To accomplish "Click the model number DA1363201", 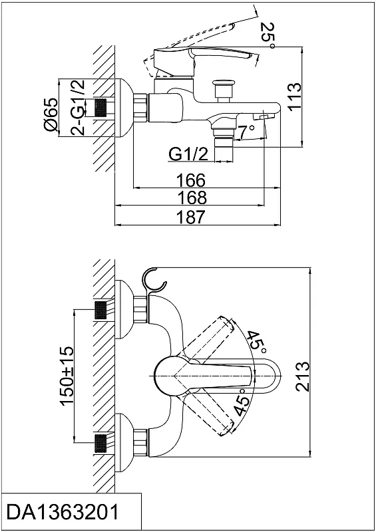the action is click(63, 512).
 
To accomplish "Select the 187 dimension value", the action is click(192, 217).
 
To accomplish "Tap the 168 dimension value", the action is click(192, 198).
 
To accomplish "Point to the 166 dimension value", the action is click(191, 180).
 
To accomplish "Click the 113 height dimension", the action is click(293, 96).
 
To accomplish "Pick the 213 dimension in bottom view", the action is click(302, 377).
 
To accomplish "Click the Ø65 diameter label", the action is click(51, 115).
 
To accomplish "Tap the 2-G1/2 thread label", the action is click(77, 108).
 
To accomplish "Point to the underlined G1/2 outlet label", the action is click(188, 155).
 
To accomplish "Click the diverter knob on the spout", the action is click(223, 90).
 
